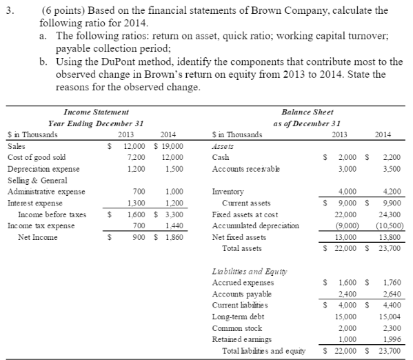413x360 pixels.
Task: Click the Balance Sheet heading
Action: (308, 112)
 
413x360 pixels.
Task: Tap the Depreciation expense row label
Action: (37, 168)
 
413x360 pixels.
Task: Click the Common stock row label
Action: (234, 328)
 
